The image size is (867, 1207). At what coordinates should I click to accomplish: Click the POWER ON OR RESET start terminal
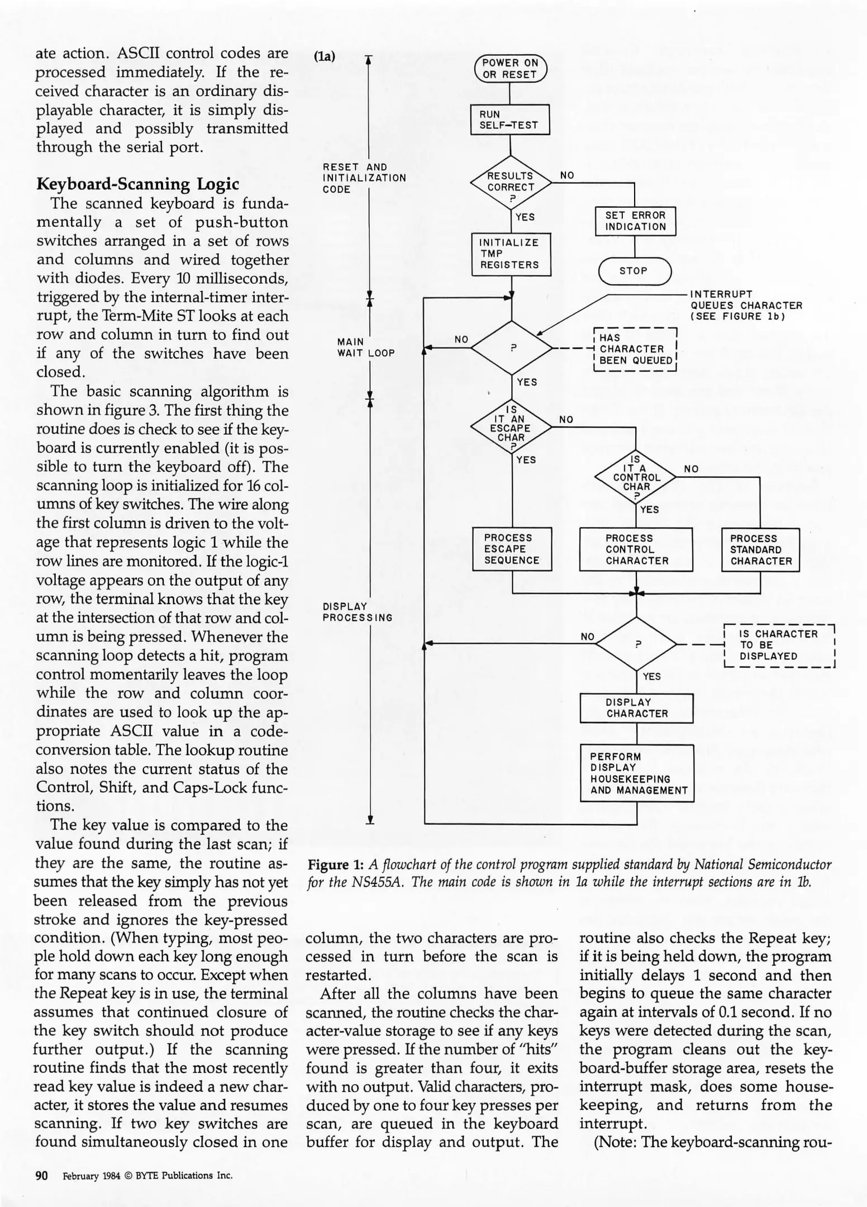point(510,69)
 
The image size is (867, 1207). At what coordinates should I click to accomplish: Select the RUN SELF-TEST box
point(510,120)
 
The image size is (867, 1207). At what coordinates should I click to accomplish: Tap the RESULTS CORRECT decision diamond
point(511,182)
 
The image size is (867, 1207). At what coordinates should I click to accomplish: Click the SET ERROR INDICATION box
point(635,221)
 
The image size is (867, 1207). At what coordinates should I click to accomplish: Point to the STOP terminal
point(634,271)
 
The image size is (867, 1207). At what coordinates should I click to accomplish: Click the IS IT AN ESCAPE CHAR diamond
point(511,427)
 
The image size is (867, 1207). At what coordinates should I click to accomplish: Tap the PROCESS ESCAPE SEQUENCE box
point(512,549)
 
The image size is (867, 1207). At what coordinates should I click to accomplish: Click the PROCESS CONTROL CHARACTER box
point(636,549)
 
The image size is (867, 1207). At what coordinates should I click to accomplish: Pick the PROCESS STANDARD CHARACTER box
point(760,550)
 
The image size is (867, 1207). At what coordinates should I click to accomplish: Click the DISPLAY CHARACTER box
point(636,708)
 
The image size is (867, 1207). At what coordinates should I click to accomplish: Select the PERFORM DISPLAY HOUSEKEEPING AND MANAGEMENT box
point(637,773)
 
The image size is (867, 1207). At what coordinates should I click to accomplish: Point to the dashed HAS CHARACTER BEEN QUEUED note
point(635,349)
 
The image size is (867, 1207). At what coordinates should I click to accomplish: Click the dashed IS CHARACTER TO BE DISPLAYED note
point(778,645)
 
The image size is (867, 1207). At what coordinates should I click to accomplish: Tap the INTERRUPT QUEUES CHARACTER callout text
point(746,306)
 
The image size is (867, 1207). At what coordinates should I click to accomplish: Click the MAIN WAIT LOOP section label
point(365,348)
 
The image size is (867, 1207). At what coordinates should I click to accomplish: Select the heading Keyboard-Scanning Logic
point(137,184)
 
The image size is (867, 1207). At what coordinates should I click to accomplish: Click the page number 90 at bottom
point(42,1175)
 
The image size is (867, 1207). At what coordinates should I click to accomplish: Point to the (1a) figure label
point(325,56)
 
